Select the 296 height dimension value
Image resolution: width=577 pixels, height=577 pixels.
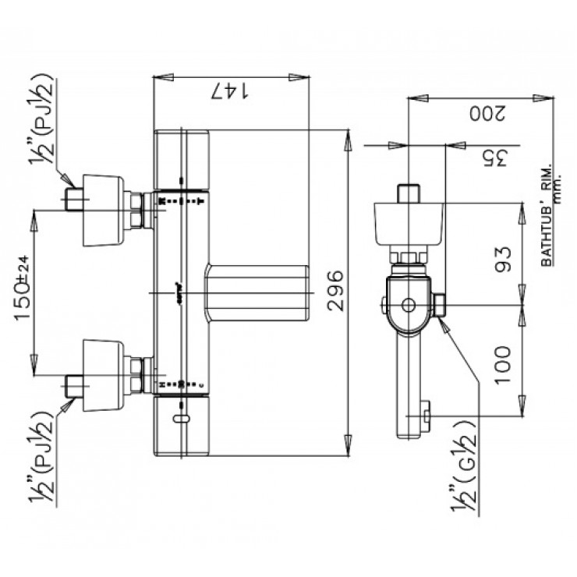pyautogui.click(x=335, y=291)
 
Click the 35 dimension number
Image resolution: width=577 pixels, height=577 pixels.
pyautogui.click(x=487, y=159)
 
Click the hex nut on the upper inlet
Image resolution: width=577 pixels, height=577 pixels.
pyautogui.click(x=138, y=210)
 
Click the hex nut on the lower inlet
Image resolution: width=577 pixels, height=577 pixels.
pyautogui.click(x=138, y=373)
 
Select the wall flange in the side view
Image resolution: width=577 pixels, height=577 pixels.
pyautogui.click(x=409, y=221)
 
